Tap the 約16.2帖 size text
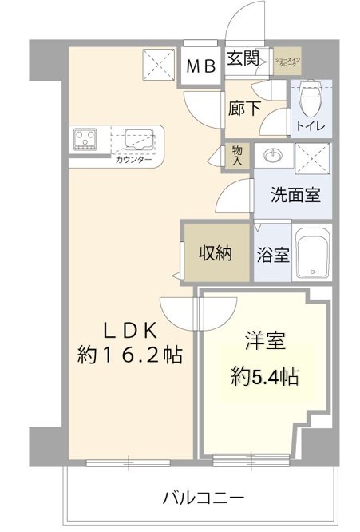point(130,354)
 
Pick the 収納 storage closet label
point(215,254)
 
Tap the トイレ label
point(310,125)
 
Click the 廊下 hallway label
point(243,109)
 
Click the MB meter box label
point(202,66)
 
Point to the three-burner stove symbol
point(84,140)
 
